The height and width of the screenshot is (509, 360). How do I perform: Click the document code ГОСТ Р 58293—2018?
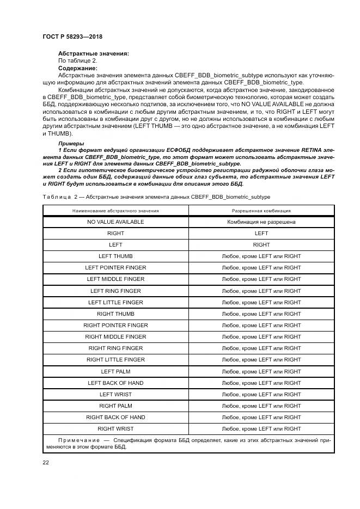click(72, 36)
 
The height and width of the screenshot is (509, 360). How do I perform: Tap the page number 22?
click(46, 462)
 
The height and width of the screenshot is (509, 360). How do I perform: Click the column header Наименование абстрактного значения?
click(115, 210)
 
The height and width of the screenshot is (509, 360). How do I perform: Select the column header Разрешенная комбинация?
click(261, 210)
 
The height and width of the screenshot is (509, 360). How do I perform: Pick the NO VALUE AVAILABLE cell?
click(115, 222)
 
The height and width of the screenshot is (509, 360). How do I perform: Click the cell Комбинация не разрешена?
click(261, 222)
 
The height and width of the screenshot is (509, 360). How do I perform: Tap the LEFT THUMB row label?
click(115, 256)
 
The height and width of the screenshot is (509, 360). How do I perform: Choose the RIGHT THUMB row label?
click(115, 314)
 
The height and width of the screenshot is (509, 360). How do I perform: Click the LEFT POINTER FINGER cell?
click(115, 267)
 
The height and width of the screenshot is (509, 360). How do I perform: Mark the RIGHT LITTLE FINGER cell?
click(115, 360)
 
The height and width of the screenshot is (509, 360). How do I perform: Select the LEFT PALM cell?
click(115, 371)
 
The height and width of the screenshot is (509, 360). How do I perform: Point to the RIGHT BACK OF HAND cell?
click(115, 418)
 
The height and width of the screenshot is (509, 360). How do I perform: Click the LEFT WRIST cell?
click(115, 394)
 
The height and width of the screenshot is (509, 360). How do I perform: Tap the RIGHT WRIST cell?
click(115, 429)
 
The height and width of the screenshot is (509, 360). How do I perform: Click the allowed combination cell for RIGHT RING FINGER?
click(261, 348)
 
